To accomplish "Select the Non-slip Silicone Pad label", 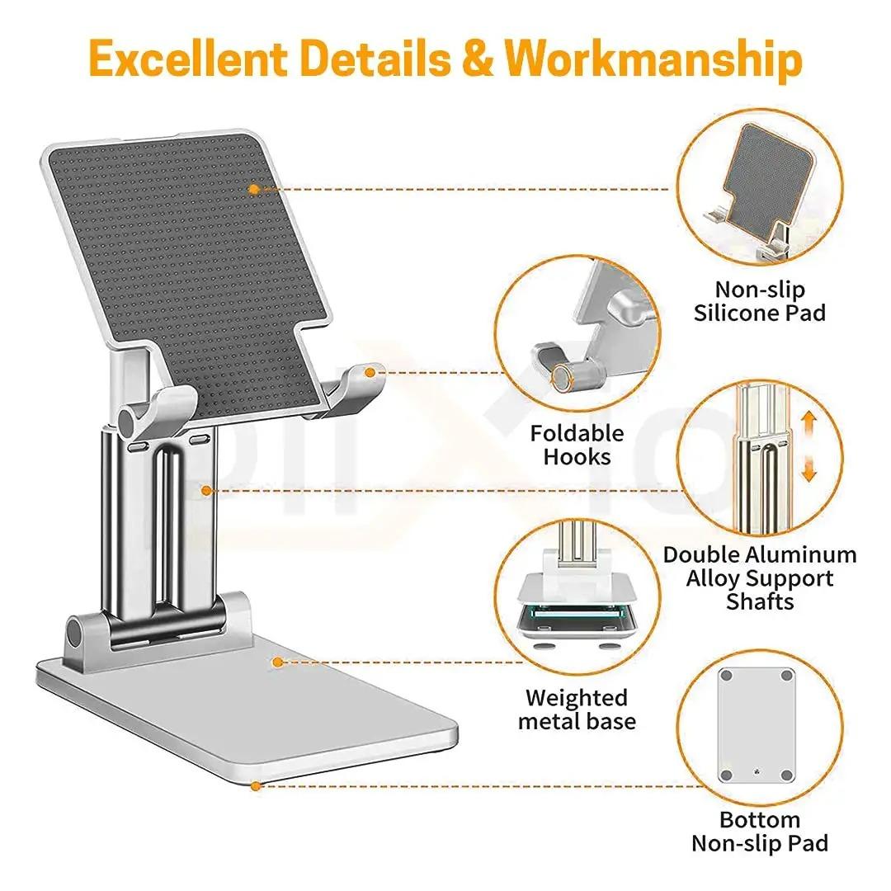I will click(760, 301).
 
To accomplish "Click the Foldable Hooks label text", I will click(577, 445).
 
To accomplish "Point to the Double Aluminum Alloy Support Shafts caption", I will click(760, 577).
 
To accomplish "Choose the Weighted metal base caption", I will click(577, 709).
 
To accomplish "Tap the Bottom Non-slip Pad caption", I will click(760, 832).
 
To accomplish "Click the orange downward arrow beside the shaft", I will click(808, 470).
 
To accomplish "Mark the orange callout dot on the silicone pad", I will click(254, 189).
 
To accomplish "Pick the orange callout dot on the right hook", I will click(370, 372).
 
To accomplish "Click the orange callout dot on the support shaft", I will click(206, 491).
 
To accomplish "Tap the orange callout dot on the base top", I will click(278, 662).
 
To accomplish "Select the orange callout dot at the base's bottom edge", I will click(256, 786).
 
